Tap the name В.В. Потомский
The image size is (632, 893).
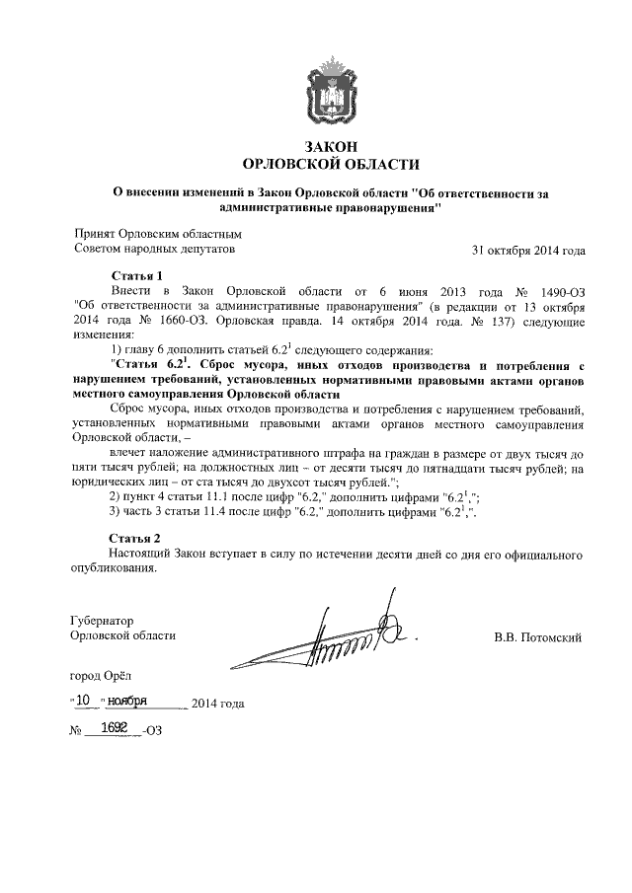point(537,637)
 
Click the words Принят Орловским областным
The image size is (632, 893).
point(158,234)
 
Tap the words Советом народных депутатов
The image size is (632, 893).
point(155,250)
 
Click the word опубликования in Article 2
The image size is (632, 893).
point(115,570)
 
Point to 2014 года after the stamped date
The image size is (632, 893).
point(217,704)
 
